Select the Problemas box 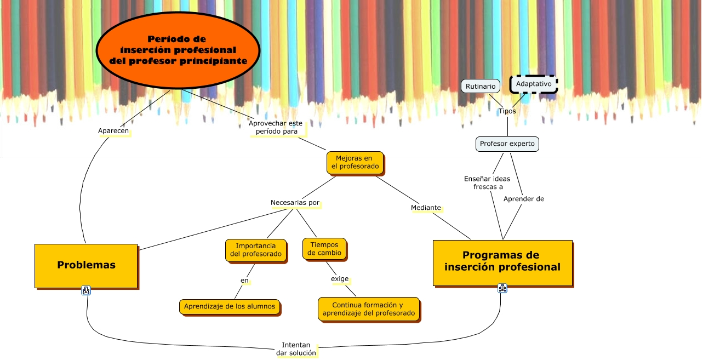[x=86, y=265]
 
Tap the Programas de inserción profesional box [x=502, y=262]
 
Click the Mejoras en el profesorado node [x=354, y=163]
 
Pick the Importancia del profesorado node [x=255, y=249]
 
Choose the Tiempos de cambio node [x=324, y=248]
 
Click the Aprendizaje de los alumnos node [x=230, y=306]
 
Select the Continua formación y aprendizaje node [x=368, y=308]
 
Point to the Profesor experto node [x=507, y=144]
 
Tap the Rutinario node [x=480, y=86]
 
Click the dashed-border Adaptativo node [x=533, y=84]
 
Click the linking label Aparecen [x=113, y=131]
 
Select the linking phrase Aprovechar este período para [x=276, y=128]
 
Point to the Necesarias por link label [x=295, y=203]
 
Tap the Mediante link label [x=426, y=208]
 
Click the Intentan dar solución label [x=296, y=349]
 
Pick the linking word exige [x=340, y=279]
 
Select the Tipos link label [x=507, y=111]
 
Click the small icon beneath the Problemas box [x=86, y=290]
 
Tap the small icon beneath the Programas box [x=502, y=288]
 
